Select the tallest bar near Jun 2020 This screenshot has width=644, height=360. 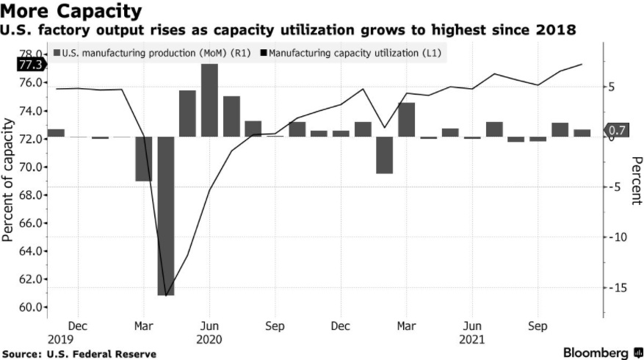pyautogui.click(x=209, y=100)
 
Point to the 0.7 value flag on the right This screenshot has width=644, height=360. pyautogui.click(x=618, y=131)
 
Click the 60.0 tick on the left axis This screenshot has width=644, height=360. pyautogui.click(x=29, y=307)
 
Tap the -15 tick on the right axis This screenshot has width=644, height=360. pyautogui.click(x=615, y=287)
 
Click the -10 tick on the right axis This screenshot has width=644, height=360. pyautogui.click(x=615, y=237)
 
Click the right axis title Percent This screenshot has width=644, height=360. pyautogui.click(x=635, y=180)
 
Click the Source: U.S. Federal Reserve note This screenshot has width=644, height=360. pyautogui.click(x=79, y=353)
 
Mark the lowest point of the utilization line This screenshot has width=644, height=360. pyautogui.click(x=166, y=295)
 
